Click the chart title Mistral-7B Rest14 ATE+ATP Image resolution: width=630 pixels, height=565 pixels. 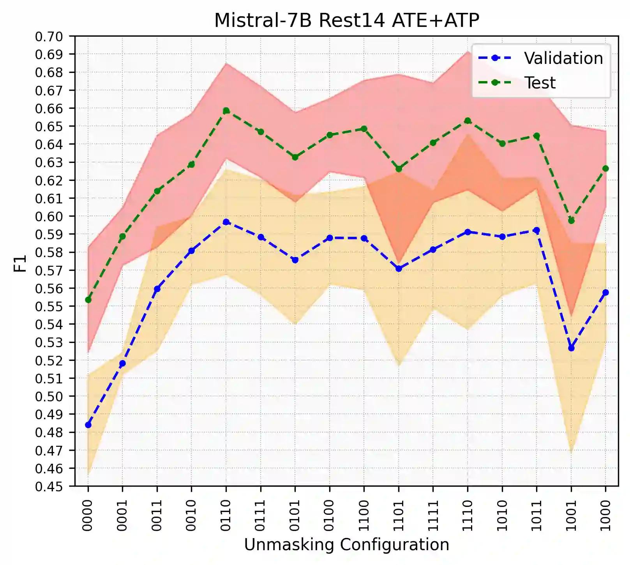[x=346, y=20]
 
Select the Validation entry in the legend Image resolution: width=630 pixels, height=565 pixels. [x=563, y=58]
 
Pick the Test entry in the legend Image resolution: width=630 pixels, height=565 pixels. [x=540, y=83]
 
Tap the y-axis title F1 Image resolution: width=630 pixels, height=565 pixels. [x=20, y=263]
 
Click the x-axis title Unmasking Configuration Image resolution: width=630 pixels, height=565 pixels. [x=346, y=544]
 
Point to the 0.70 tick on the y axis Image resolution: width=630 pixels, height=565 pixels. [x=49, y=37]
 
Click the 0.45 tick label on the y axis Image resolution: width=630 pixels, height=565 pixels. [x=49, y=486]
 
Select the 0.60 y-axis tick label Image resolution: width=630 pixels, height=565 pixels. [x=49, y=217]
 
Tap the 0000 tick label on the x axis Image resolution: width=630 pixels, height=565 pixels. [x=88, y=515]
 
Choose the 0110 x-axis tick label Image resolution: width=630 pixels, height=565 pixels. [x=226, y=515]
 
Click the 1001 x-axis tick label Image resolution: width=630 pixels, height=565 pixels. [x=571, y=515]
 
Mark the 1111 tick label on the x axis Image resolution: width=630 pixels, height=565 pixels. [x=433, y=515]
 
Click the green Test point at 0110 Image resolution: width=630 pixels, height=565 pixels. [x=226, y=111]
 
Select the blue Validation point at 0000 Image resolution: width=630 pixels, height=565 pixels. [x=88, y=425]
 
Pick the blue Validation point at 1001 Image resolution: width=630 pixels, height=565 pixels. [x=571, y=348]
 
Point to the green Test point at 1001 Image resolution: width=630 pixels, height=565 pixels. [x=571, y=221]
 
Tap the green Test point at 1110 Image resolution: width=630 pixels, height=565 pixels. [x=468, y=121]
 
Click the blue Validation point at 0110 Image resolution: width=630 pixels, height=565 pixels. [x=226, y=222]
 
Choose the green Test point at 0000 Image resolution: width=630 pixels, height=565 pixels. [x=88, y=300]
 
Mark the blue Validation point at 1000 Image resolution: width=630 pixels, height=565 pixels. [x=605, y=292]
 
